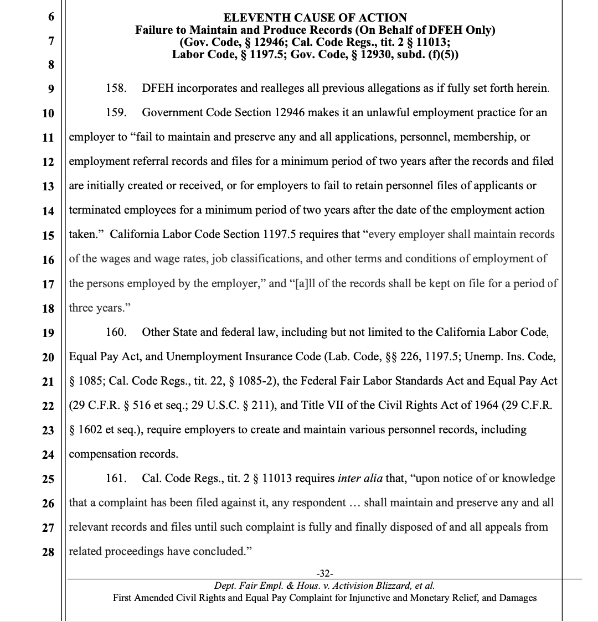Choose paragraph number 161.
(x=116, y=478)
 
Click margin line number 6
(x=51, y=17)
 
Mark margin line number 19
(x=48, y=333)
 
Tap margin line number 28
(x=48, y=552)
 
